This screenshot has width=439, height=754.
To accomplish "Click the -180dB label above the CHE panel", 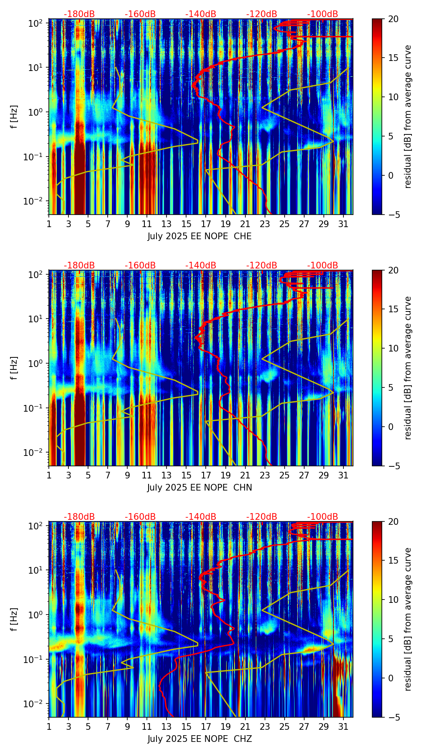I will click(79, 14).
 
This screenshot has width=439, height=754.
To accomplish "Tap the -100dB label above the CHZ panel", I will click(323, 517).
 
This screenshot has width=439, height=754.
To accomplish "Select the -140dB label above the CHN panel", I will click(201, 266).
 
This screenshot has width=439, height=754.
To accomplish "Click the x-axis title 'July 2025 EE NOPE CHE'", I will click(199, 236).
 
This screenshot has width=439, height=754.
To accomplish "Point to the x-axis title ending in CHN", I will click(199, 488).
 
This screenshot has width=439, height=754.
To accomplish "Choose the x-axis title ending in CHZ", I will click(199, 739).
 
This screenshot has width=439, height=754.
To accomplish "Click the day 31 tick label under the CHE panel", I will click(343, 224).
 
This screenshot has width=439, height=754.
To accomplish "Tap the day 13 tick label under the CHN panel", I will click(167, 475).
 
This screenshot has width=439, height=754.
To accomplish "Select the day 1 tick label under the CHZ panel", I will click(49, 726).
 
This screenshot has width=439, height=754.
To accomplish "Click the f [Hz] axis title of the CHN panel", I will click(15, 368).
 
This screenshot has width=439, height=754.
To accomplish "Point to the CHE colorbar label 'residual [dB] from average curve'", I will click(408, 116).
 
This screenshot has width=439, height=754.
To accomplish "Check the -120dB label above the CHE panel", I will click(262, 14).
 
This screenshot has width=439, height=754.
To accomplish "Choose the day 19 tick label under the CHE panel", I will click(225, 224).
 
